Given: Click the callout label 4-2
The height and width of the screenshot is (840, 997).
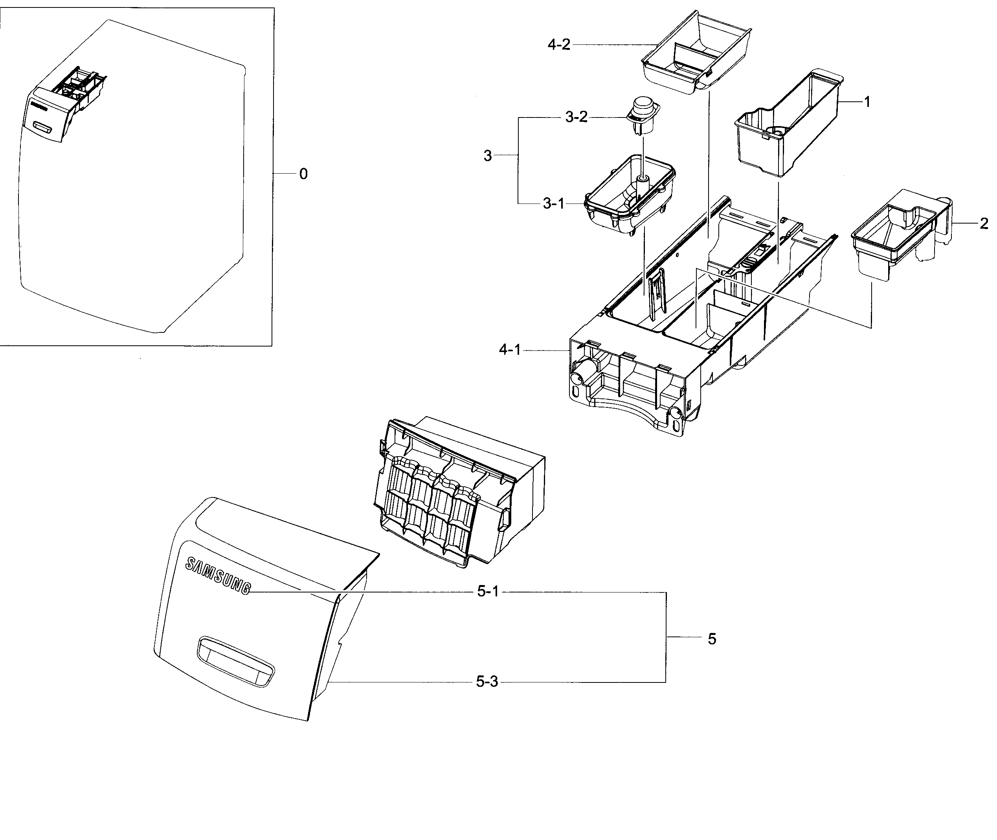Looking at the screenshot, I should tap(559, 45).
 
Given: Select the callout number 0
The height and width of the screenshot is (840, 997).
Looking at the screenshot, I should tap(303, 174).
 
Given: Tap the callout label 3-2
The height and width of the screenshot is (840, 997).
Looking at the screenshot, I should tap(577, 117).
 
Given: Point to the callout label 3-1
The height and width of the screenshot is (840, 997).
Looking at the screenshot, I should tap(554, 204).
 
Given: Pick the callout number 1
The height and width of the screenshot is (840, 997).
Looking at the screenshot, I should tap(867, 102).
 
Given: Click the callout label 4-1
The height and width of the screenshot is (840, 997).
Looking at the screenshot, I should tap(510, 350).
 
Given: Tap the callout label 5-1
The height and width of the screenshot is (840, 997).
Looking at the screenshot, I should tap(488, 592).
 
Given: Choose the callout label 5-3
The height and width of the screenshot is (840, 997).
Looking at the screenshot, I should tap(487, 682).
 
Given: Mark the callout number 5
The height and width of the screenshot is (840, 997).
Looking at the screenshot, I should tap(712, 639).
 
